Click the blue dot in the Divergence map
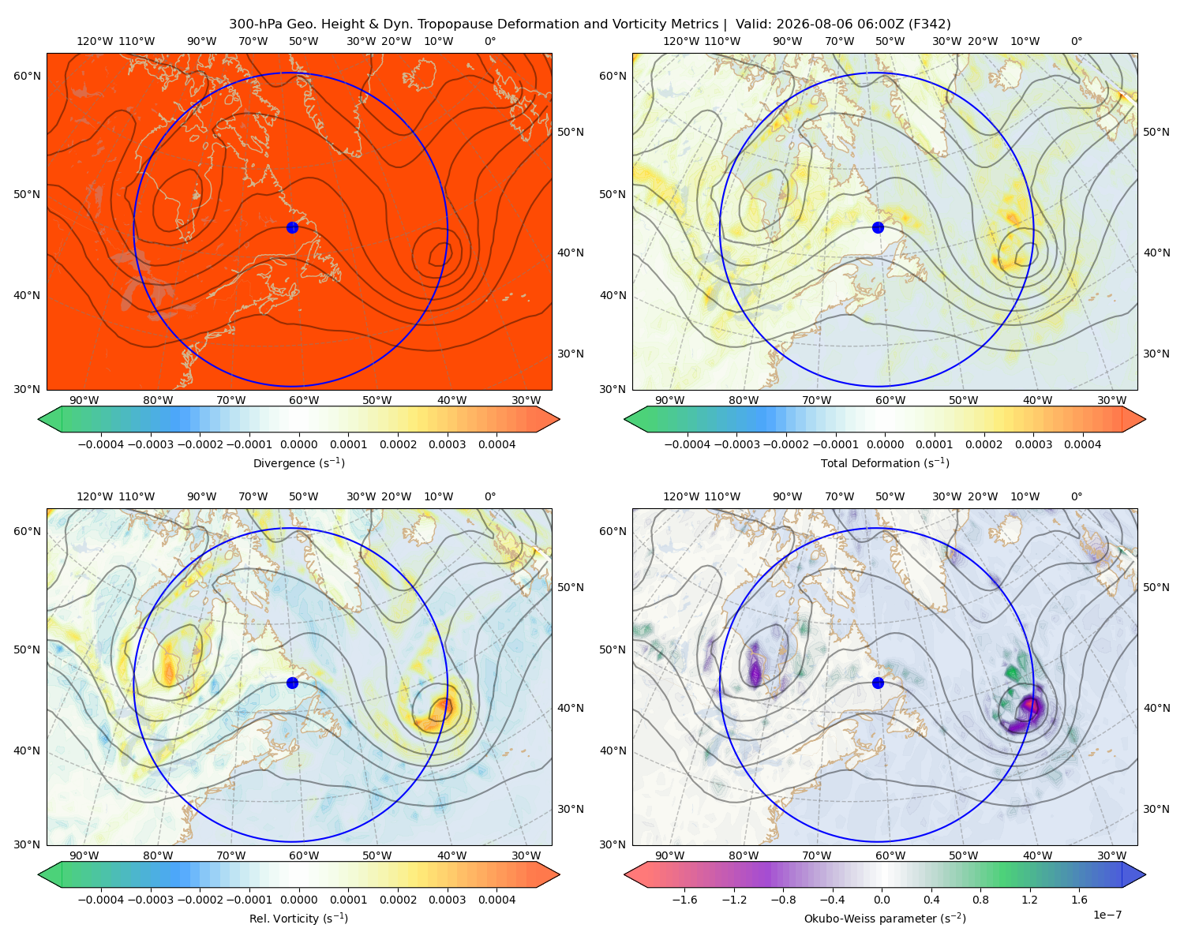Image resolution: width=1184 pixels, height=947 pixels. [292, 227]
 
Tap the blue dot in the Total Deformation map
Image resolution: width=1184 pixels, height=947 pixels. [878, 227]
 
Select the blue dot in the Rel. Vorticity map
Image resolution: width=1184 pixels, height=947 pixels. [292, 683]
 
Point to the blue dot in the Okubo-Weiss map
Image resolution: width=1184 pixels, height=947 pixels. [878, 683]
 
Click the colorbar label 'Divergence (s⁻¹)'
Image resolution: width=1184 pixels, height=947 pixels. [298, 462]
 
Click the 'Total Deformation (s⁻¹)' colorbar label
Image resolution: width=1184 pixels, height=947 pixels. [885, 462]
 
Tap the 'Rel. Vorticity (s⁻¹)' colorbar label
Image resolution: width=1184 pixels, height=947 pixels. [298, 918]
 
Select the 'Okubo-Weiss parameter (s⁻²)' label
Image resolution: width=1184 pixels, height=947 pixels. [885, 918]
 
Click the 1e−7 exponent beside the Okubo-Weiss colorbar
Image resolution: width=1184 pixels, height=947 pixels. [1107, 915]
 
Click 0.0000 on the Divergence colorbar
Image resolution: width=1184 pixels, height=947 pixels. [298, 444]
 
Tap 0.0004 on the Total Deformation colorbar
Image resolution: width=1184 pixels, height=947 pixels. [1082, 444]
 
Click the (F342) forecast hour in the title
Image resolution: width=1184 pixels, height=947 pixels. [930, 24]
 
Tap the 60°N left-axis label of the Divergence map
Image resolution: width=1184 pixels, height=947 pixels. [27, 76]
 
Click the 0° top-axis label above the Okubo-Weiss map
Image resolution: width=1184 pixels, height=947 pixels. [1076, 41]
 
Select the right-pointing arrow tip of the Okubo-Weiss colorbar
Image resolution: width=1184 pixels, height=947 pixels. [1145, 874]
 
